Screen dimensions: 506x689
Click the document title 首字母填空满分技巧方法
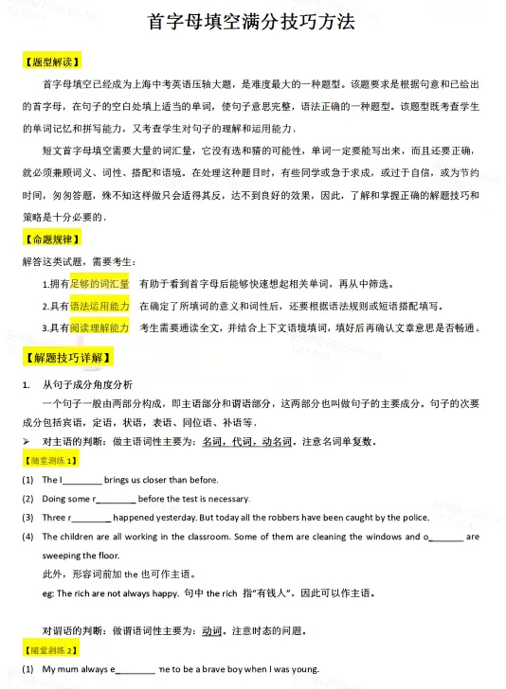click(x=252, y=22)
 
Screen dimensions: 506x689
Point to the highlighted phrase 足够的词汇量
click(x=99, y=283)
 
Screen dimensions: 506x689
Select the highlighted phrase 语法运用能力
click(x=99, y=306)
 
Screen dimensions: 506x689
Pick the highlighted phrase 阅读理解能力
click(x=99, y=327)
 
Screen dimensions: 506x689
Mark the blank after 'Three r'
click(x=91, y=519)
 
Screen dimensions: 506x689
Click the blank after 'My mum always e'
click(x=136, y=670)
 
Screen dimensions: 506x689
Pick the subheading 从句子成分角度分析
click(x=88, y=384)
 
